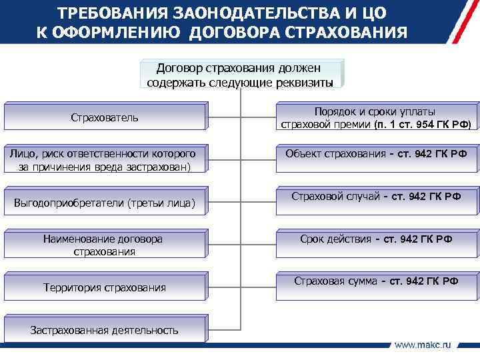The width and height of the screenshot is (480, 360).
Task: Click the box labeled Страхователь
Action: pos(105,117)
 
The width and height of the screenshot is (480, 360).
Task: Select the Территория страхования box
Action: pos(105,287)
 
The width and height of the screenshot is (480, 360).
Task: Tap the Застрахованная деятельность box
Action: pos(105,329)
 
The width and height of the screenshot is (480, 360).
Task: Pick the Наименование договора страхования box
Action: pos(105,245)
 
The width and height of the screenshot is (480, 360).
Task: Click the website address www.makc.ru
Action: pos(423,345)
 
